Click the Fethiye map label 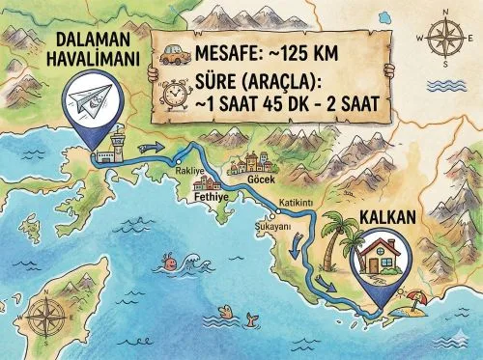(x=210, y=193)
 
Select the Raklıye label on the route (x=190, y=170)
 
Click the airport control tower (x=119, y=145)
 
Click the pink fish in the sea (x=170, y=261)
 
